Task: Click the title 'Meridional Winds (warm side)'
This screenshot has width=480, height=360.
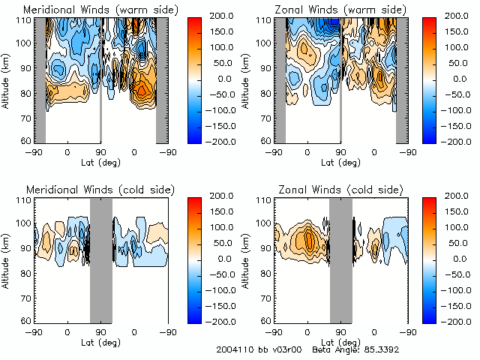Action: pos(90,9)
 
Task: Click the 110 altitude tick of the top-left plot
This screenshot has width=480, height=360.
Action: pos(25,19)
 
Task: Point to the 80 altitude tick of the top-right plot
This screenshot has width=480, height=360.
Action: pos(268,94)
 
